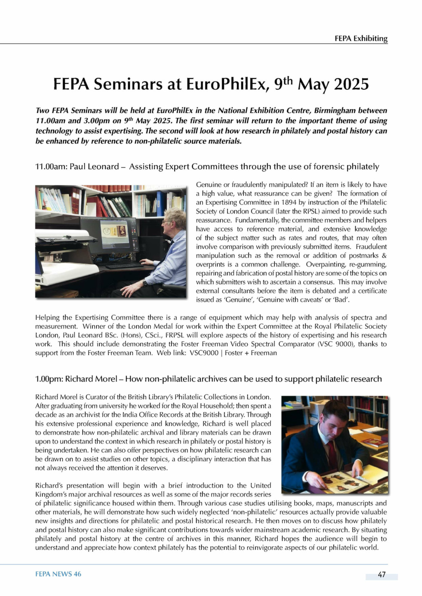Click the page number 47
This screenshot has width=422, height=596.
click(382, 575)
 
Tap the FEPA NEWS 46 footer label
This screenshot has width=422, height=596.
click(58, 574)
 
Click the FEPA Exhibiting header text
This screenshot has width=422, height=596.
click(361, 39)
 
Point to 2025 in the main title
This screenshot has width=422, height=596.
click(351, 84)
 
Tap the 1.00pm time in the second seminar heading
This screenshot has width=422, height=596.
click(48, 379)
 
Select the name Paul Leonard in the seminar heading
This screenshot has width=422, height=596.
click(94, 167)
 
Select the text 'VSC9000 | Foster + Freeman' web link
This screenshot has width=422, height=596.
click(233, 353)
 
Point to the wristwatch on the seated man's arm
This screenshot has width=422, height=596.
click(145, 283)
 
